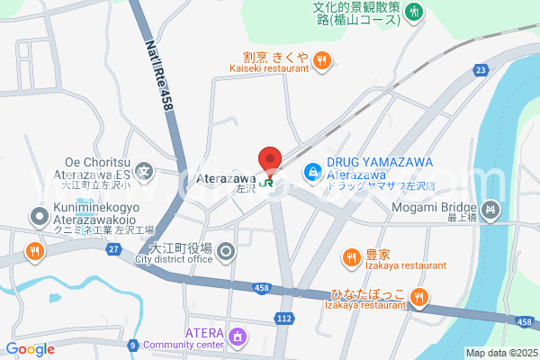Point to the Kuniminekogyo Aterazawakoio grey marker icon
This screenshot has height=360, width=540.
coord(39,216)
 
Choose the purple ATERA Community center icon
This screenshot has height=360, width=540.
coord(237,337)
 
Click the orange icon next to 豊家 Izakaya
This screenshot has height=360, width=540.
coord(350,257)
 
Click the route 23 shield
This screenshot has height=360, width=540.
coord(482,69)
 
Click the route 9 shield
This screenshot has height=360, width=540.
coord(132,344)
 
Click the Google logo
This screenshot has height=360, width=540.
coord(30,349)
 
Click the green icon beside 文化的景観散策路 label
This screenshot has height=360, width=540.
coord(414,11)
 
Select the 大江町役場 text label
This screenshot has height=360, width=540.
coord(181,247)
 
